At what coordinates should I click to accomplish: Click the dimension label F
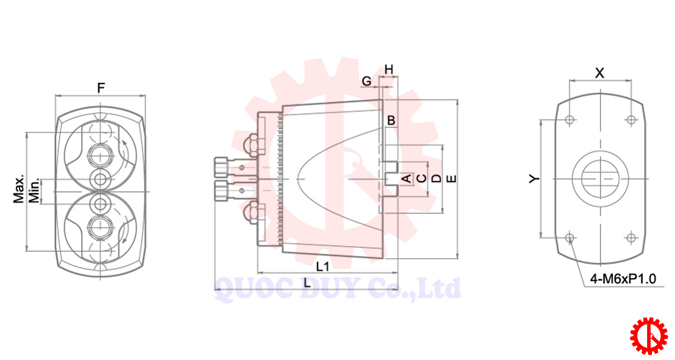tap(101, 88)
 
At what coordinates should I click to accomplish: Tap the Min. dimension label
tap(34, 191)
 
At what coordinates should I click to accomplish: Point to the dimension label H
tap(389, 70)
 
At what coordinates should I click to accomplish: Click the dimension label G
tap(366, 81)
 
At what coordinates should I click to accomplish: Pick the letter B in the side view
tap(391, 121)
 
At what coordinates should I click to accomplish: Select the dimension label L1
tap(323, 266)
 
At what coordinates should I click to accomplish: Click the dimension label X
tap(600, 73)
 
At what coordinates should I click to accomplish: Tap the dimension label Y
tap(534, 179)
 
